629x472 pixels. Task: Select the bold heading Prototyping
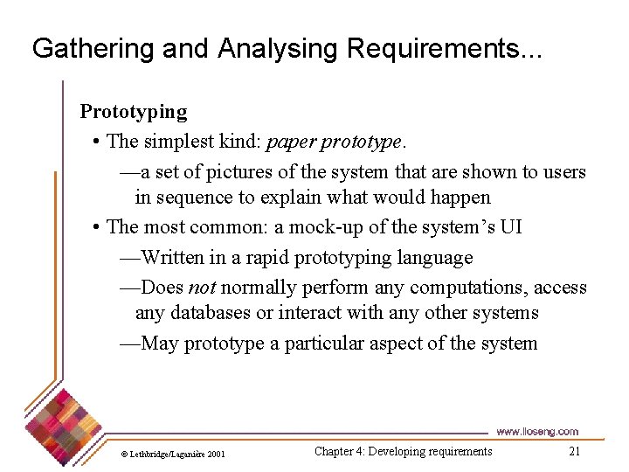(x=134, y=112)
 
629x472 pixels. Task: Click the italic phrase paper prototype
(x=335, y=142)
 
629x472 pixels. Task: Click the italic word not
(x=202, y=288)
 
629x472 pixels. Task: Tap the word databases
(x=212, y=313)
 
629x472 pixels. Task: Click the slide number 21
(x=574, y=452)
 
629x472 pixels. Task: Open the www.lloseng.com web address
(x=536, y=432)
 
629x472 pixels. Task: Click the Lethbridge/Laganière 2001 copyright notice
(x=173, y=454)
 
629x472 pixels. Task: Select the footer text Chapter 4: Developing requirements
(x=403, y=452)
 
